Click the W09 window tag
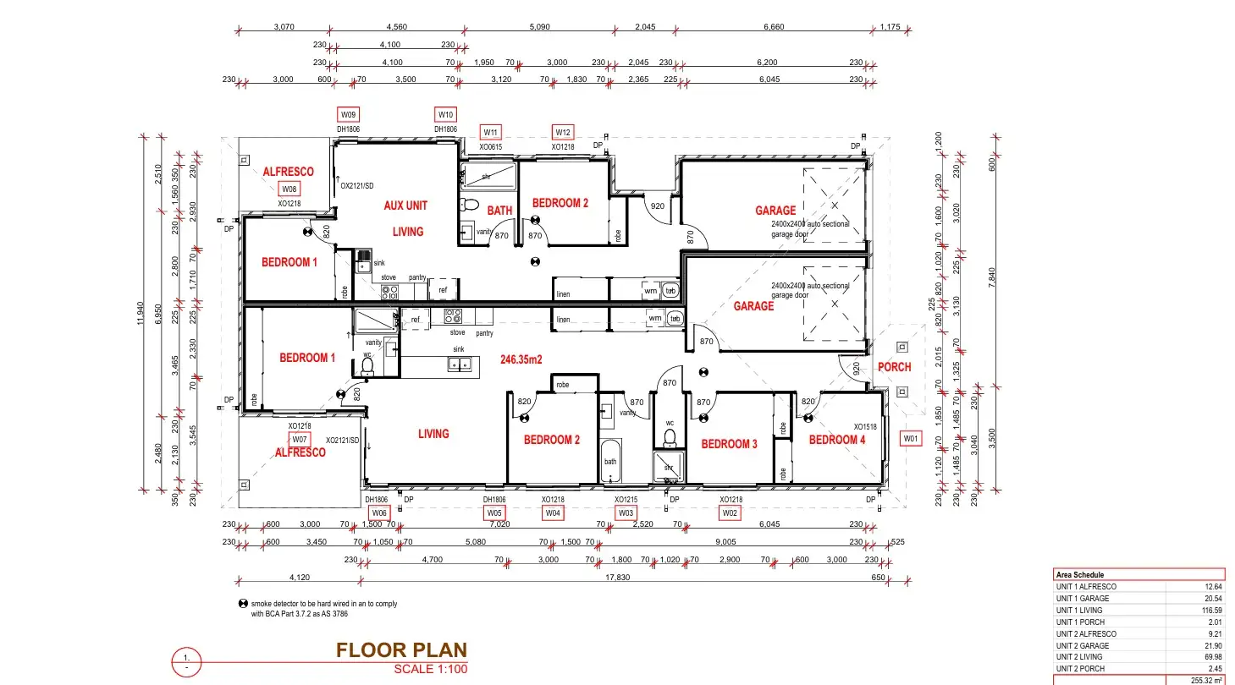click(348, 114)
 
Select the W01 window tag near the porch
click(910, 439)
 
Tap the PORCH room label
click(894, 367)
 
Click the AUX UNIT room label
click(405, 205)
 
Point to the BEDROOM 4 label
click(836, 440)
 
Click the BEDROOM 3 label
click(729, 444)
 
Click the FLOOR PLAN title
click(401, 650)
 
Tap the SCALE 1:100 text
click(430, 669)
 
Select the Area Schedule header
click(1079, 574)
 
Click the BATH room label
click(499, 211)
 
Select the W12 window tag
click(563, 132)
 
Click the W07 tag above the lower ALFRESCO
click(299, 440)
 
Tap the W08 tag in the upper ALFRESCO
click(289, 189)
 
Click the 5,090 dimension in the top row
click(540, 27)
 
